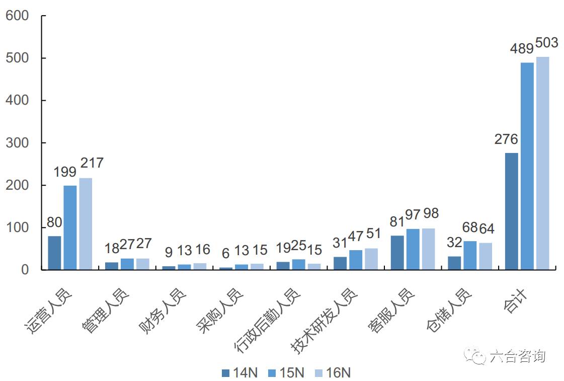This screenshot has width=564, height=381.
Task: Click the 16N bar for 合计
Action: [542, 163]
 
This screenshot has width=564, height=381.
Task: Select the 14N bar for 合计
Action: [511, 211]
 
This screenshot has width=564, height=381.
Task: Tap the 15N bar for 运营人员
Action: [70, 227]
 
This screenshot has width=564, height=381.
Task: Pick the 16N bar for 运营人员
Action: [86, 223]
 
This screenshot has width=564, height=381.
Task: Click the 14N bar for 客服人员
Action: [397, 252]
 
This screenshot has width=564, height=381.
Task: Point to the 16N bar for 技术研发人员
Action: [371, 259]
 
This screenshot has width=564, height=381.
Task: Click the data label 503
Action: [546, 43]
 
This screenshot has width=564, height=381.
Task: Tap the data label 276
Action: [506, 139]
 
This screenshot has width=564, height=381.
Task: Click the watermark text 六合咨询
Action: [517, 356]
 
